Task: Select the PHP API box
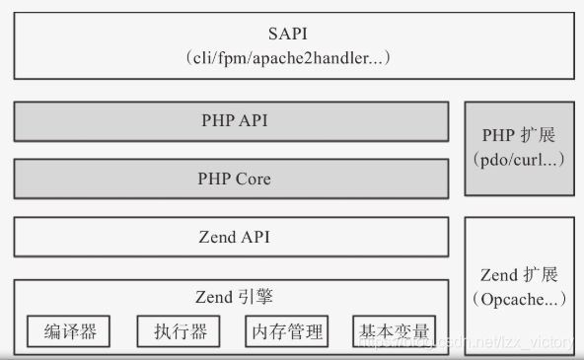click(x=233, y=121)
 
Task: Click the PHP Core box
click(x=233, y=179)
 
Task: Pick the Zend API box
click(x=233, y=237)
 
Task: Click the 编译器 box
click(x=70, y=331)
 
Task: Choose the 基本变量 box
click(x=395, y=331)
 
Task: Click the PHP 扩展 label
click(x=519, y=135)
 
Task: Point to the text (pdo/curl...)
click(x=519, y=159)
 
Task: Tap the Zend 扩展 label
click(x=519, y=274)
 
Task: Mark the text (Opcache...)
click(x=519, y=298)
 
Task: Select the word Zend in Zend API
click(x=216, y=237)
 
